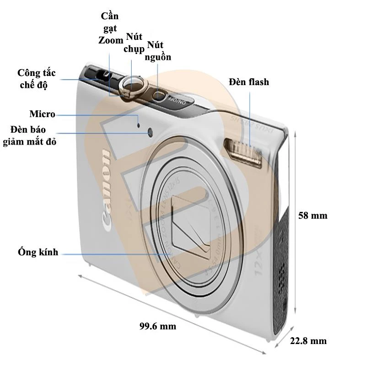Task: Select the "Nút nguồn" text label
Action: [x=158, y=51]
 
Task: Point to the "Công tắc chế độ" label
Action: [x=38, y=79]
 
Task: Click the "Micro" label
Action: [x=42, y=114]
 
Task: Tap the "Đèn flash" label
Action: [x=249, y=82]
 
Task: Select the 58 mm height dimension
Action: [x=312, y=215]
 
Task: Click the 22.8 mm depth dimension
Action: [x=308, y=340]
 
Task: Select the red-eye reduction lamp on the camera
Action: [x=151, y=132]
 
